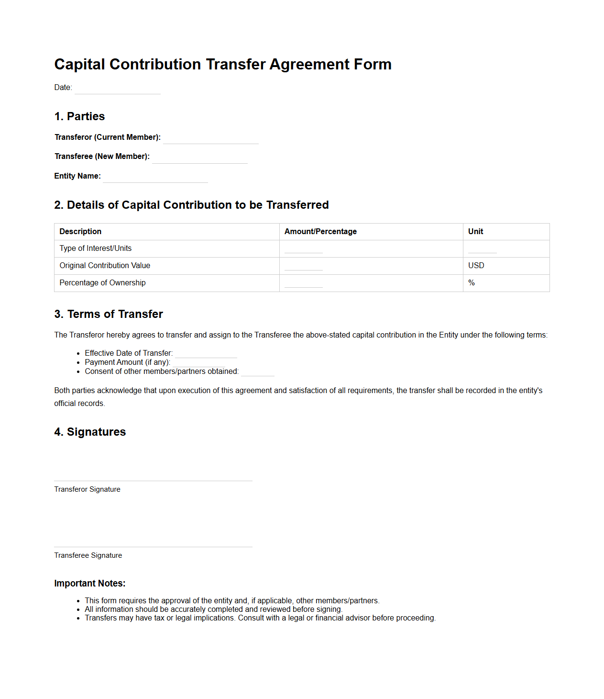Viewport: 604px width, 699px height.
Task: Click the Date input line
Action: (118, 89)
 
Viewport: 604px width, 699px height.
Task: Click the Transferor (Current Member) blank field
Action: (210, 139)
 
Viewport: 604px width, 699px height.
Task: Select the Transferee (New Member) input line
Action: (199, 158)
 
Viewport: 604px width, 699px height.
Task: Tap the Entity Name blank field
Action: (155, 178)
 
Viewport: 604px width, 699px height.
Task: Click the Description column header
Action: (80, 232)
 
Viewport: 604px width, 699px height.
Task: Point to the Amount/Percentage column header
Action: (320, 232)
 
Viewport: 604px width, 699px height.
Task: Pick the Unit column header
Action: (475, 232)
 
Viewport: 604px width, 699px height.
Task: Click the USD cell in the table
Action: (476, 266)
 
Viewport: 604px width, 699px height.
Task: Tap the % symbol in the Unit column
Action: (472, 283)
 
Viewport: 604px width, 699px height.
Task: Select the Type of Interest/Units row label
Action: (96, 248)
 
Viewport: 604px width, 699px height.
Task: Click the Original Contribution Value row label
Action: (105, 266)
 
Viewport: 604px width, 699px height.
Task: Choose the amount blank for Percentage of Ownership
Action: (303, 284)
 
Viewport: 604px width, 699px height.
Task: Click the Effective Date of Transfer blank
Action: (206, 354)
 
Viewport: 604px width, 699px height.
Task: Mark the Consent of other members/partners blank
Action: (257, 372)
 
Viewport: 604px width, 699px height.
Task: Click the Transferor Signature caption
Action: (87, 489)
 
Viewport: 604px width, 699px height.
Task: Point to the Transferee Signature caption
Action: (88, 555)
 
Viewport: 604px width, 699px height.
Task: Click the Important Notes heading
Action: (89, 584)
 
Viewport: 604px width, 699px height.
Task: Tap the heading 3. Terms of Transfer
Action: (109, 314)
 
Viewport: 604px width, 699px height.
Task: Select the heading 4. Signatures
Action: (90, 432)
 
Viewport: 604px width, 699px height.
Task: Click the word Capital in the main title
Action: (79, 64)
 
